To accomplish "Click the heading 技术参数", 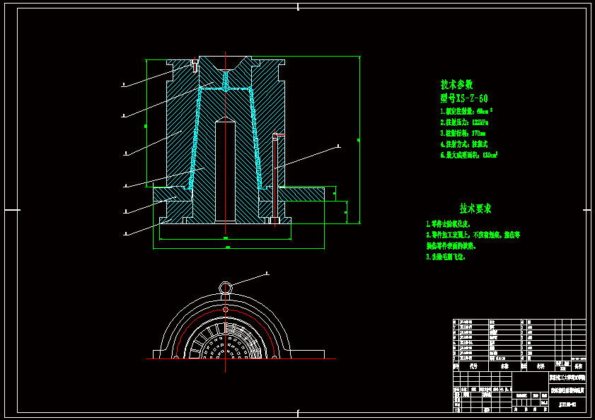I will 456,83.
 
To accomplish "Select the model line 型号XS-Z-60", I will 463,98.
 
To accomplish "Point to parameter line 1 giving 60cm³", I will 466,111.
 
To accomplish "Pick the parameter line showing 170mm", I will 463,132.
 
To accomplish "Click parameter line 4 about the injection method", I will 463,144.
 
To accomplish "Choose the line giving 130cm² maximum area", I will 469,154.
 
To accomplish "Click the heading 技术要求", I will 475,209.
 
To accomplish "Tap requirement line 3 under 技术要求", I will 445,257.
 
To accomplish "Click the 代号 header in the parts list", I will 473,366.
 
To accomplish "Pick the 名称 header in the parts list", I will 504,366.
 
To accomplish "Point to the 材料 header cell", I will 541,366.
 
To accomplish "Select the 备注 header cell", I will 578,366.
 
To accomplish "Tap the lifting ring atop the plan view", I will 226,287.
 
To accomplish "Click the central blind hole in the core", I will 225,170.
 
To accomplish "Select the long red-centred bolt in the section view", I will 275,177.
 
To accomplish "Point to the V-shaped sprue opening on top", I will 225,67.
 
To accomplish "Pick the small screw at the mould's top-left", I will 193,65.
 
